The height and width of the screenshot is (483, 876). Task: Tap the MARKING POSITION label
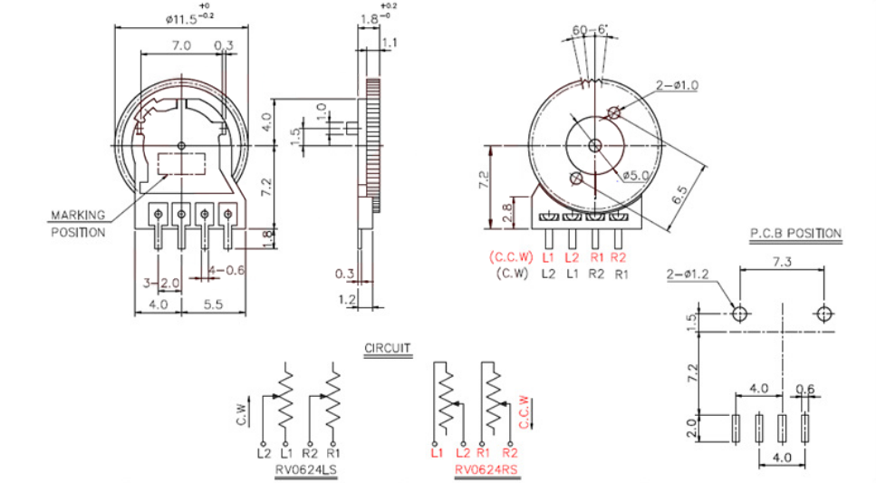coord(78,224)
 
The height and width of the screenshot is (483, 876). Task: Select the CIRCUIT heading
coord(388,348)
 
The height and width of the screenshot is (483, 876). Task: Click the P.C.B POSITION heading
coord(795,234)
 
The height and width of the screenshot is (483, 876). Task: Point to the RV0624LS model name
coord(306,469)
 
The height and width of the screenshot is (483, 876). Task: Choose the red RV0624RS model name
coord(486,469)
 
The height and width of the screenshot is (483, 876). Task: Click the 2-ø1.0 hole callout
coord(677,85)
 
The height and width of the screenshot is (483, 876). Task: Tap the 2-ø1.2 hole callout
coord(688,274)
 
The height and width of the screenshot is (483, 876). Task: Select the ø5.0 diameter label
coord(635,176)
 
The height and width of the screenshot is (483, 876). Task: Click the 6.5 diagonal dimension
coord(679,196)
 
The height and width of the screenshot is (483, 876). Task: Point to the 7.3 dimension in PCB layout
coord(782,262)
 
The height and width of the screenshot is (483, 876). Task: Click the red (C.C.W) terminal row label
coord(511,257)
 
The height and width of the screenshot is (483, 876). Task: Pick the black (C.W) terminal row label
coord(512,274)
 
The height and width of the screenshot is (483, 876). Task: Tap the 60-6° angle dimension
coord(590,29)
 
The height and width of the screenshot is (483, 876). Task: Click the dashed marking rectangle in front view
coord(181,164)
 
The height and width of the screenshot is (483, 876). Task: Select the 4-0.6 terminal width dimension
coord(226,270)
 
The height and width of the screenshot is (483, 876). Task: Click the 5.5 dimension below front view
coord(214,304)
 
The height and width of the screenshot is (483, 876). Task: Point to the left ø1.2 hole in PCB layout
coord(739,314)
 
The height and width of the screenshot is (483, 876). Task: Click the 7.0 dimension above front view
coord(181,45)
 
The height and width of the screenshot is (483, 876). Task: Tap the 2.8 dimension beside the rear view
coord(507,212)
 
